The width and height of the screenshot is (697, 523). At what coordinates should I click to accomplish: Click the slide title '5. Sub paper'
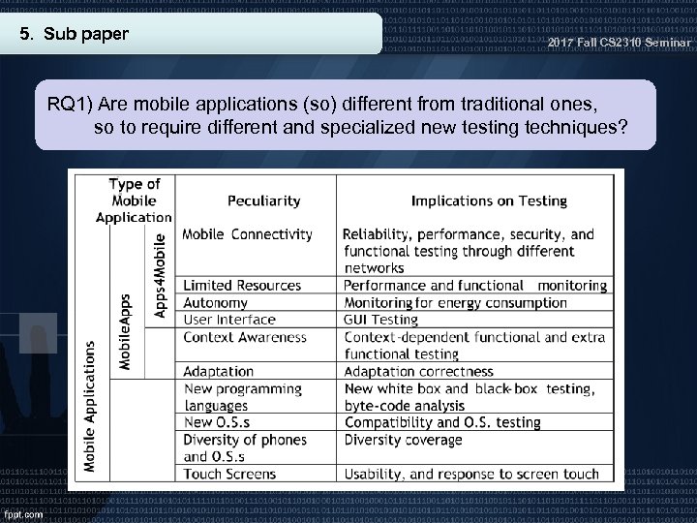coord(76,35)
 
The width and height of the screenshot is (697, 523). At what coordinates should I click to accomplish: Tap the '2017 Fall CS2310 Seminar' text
coord(620,45)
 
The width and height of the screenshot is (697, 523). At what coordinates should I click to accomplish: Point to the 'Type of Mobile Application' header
coord(134,200)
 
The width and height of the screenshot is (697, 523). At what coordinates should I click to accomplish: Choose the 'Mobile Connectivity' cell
coord(247,233)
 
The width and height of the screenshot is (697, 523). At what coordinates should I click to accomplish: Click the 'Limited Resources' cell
coord(241,286)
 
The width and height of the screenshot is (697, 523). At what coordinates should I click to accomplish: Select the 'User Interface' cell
coord(228,320)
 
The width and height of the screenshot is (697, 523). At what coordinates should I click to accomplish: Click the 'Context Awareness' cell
coord(244,337)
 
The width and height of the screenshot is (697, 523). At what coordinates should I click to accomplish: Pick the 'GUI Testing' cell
coord(380,320)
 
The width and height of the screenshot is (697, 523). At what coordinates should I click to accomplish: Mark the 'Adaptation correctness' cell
coord(418,371)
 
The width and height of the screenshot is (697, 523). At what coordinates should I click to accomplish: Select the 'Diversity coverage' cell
coord(403,439)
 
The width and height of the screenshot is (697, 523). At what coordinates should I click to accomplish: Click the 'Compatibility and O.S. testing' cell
coord(441,422)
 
